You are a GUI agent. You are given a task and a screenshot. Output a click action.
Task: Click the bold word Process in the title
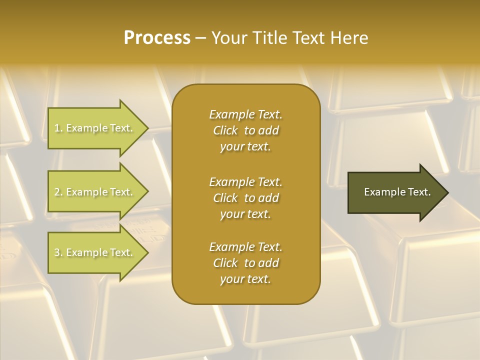(x=157, y=38)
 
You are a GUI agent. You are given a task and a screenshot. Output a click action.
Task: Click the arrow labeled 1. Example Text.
(x=95, y=128)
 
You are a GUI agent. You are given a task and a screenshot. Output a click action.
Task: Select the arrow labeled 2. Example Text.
(x=95, y=192)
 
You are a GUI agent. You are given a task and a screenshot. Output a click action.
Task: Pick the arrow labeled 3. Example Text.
(x=95, y=252)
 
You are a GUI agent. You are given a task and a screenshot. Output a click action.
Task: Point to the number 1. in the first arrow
(x=58, y=128)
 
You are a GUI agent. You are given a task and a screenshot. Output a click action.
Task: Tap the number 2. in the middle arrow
(x=58, y=192)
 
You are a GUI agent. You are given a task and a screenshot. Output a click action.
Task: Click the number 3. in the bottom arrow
(x=58, y=252)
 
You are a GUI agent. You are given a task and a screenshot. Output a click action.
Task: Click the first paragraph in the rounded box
(x=245, y=130)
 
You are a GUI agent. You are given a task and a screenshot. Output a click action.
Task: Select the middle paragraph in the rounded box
(x=245, y=197)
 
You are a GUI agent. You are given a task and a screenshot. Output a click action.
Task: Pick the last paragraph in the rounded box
(x=245, y=263)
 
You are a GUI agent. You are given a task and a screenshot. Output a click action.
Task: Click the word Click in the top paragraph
(x=225, y=130)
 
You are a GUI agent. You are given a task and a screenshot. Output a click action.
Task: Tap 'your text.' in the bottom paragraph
(x=245, y=279)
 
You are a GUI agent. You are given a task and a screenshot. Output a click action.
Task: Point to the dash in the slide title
(x=201, y=38)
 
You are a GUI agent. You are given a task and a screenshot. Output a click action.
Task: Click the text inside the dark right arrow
(x=397, y=192)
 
